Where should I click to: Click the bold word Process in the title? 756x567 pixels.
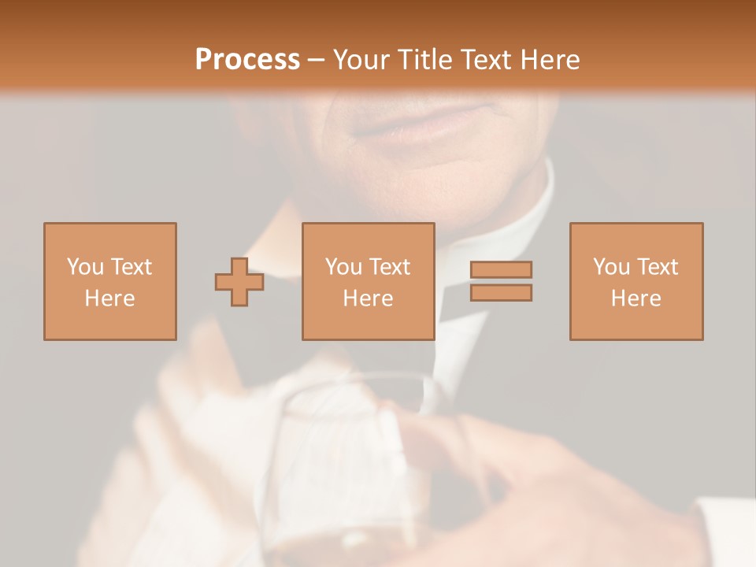click(247, 59)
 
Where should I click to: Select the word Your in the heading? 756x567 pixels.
click(361, 59)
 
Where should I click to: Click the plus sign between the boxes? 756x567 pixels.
click(239, 282)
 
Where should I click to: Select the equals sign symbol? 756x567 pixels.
click(501, 281)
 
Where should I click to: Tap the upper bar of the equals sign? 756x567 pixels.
click(501, 270)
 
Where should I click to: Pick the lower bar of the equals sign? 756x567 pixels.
click(501, 292)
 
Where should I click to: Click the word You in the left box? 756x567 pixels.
click(86, 267)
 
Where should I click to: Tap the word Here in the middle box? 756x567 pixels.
click(369, 298)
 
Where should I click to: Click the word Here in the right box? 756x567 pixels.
click(636, 298)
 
